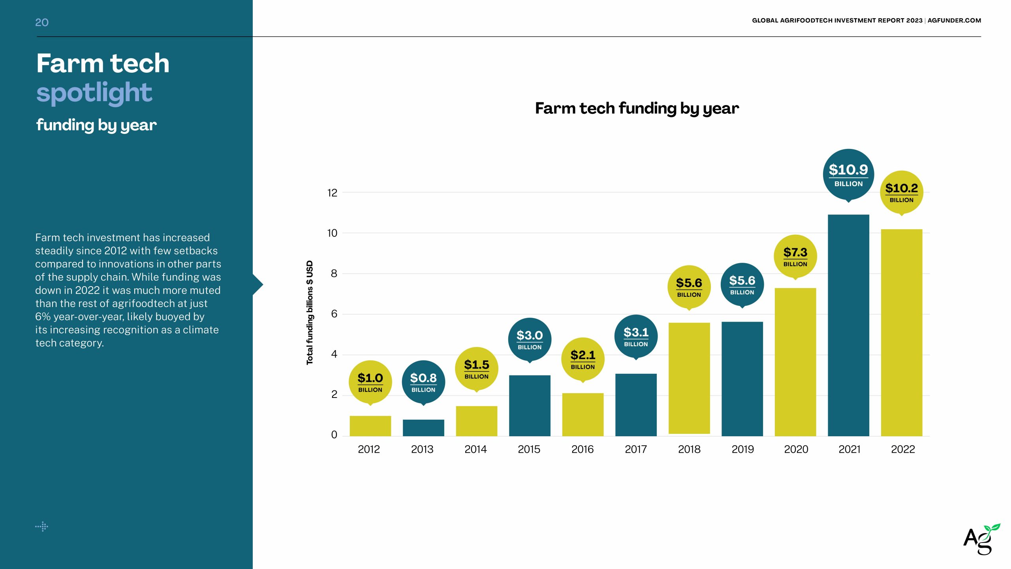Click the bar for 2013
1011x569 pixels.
tap(423, 428)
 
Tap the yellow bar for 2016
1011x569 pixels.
tap(583, 415)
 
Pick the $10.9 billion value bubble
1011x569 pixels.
tap(848, 174)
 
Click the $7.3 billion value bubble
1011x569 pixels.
tap(795, 256)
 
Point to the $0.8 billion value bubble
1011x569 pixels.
tap(423, 382)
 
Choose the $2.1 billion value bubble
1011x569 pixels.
tap(583, 359)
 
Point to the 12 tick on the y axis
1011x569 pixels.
tap(332, 193)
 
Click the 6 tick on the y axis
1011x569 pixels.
tap(334, 314)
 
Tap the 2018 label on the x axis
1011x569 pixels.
tap(689, 449)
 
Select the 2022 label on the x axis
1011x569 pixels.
tap(903, 449)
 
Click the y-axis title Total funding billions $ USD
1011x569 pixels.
tap(310, 312)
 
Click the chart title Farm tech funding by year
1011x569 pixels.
tap(637, 108)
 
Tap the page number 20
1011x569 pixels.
tap(42, 23)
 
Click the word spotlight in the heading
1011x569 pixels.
tap(94, 93)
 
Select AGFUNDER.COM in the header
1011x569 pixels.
tap(954, 21)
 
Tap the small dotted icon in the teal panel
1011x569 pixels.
tap(42, 526)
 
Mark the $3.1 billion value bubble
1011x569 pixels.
tap(636, 336)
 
